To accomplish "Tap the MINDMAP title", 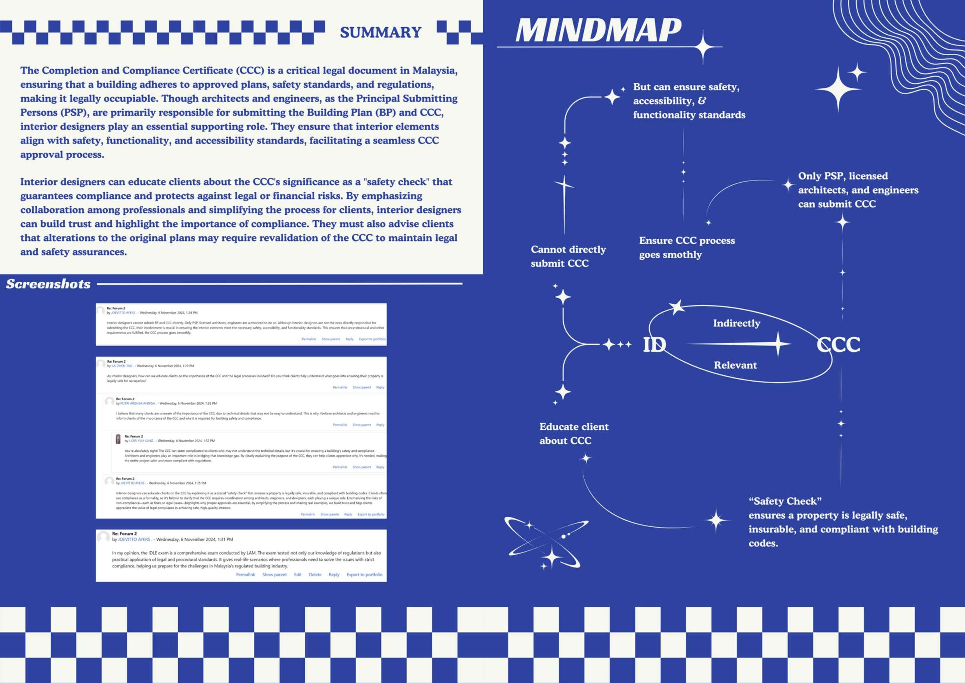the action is point(598,30).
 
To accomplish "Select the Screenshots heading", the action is point(48,284).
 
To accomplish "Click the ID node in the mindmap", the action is point(654,345).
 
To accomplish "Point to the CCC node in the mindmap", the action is point(838,345).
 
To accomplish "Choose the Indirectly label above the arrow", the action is point(736,323).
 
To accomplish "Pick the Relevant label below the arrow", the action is point(735,365).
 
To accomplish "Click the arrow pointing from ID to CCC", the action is point(740,344).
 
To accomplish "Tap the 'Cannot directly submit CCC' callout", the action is point(568,256).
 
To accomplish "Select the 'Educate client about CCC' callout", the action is point(573,434).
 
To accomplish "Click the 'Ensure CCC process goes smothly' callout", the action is point(687,247).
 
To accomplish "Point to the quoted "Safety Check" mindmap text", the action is point(785,501).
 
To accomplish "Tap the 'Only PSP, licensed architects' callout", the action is point(858,190).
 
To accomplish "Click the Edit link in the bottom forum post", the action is point(298,574).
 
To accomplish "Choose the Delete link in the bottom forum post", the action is point(315,574).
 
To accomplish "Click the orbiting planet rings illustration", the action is point(547,542).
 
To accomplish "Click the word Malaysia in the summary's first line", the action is point(434,70).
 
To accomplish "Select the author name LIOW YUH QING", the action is point(141,441).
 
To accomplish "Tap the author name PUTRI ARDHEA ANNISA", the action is point(137,403).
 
